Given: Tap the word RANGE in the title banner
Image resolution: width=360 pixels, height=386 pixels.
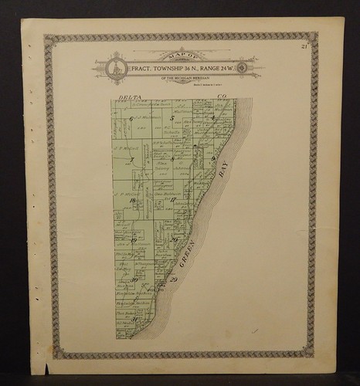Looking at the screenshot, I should coord(204,68).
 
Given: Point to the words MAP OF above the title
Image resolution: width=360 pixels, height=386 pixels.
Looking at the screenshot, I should coord(178,56).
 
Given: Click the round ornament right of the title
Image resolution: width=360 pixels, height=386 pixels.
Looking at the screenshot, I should coord(243,68).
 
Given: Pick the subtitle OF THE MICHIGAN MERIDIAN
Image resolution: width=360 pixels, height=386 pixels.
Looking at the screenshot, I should coord(178,79).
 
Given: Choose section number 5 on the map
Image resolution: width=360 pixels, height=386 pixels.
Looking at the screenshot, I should coord(172,118).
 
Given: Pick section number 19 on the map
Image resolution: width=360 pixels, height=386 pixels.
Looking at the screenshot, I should coord(134,241).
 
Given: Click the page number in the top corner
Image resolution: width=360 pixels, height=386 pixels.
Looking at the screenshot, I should coord(307,49).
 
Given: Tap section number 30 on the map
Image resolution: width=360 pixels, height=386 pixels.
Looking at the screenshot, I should coord(134,280).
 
